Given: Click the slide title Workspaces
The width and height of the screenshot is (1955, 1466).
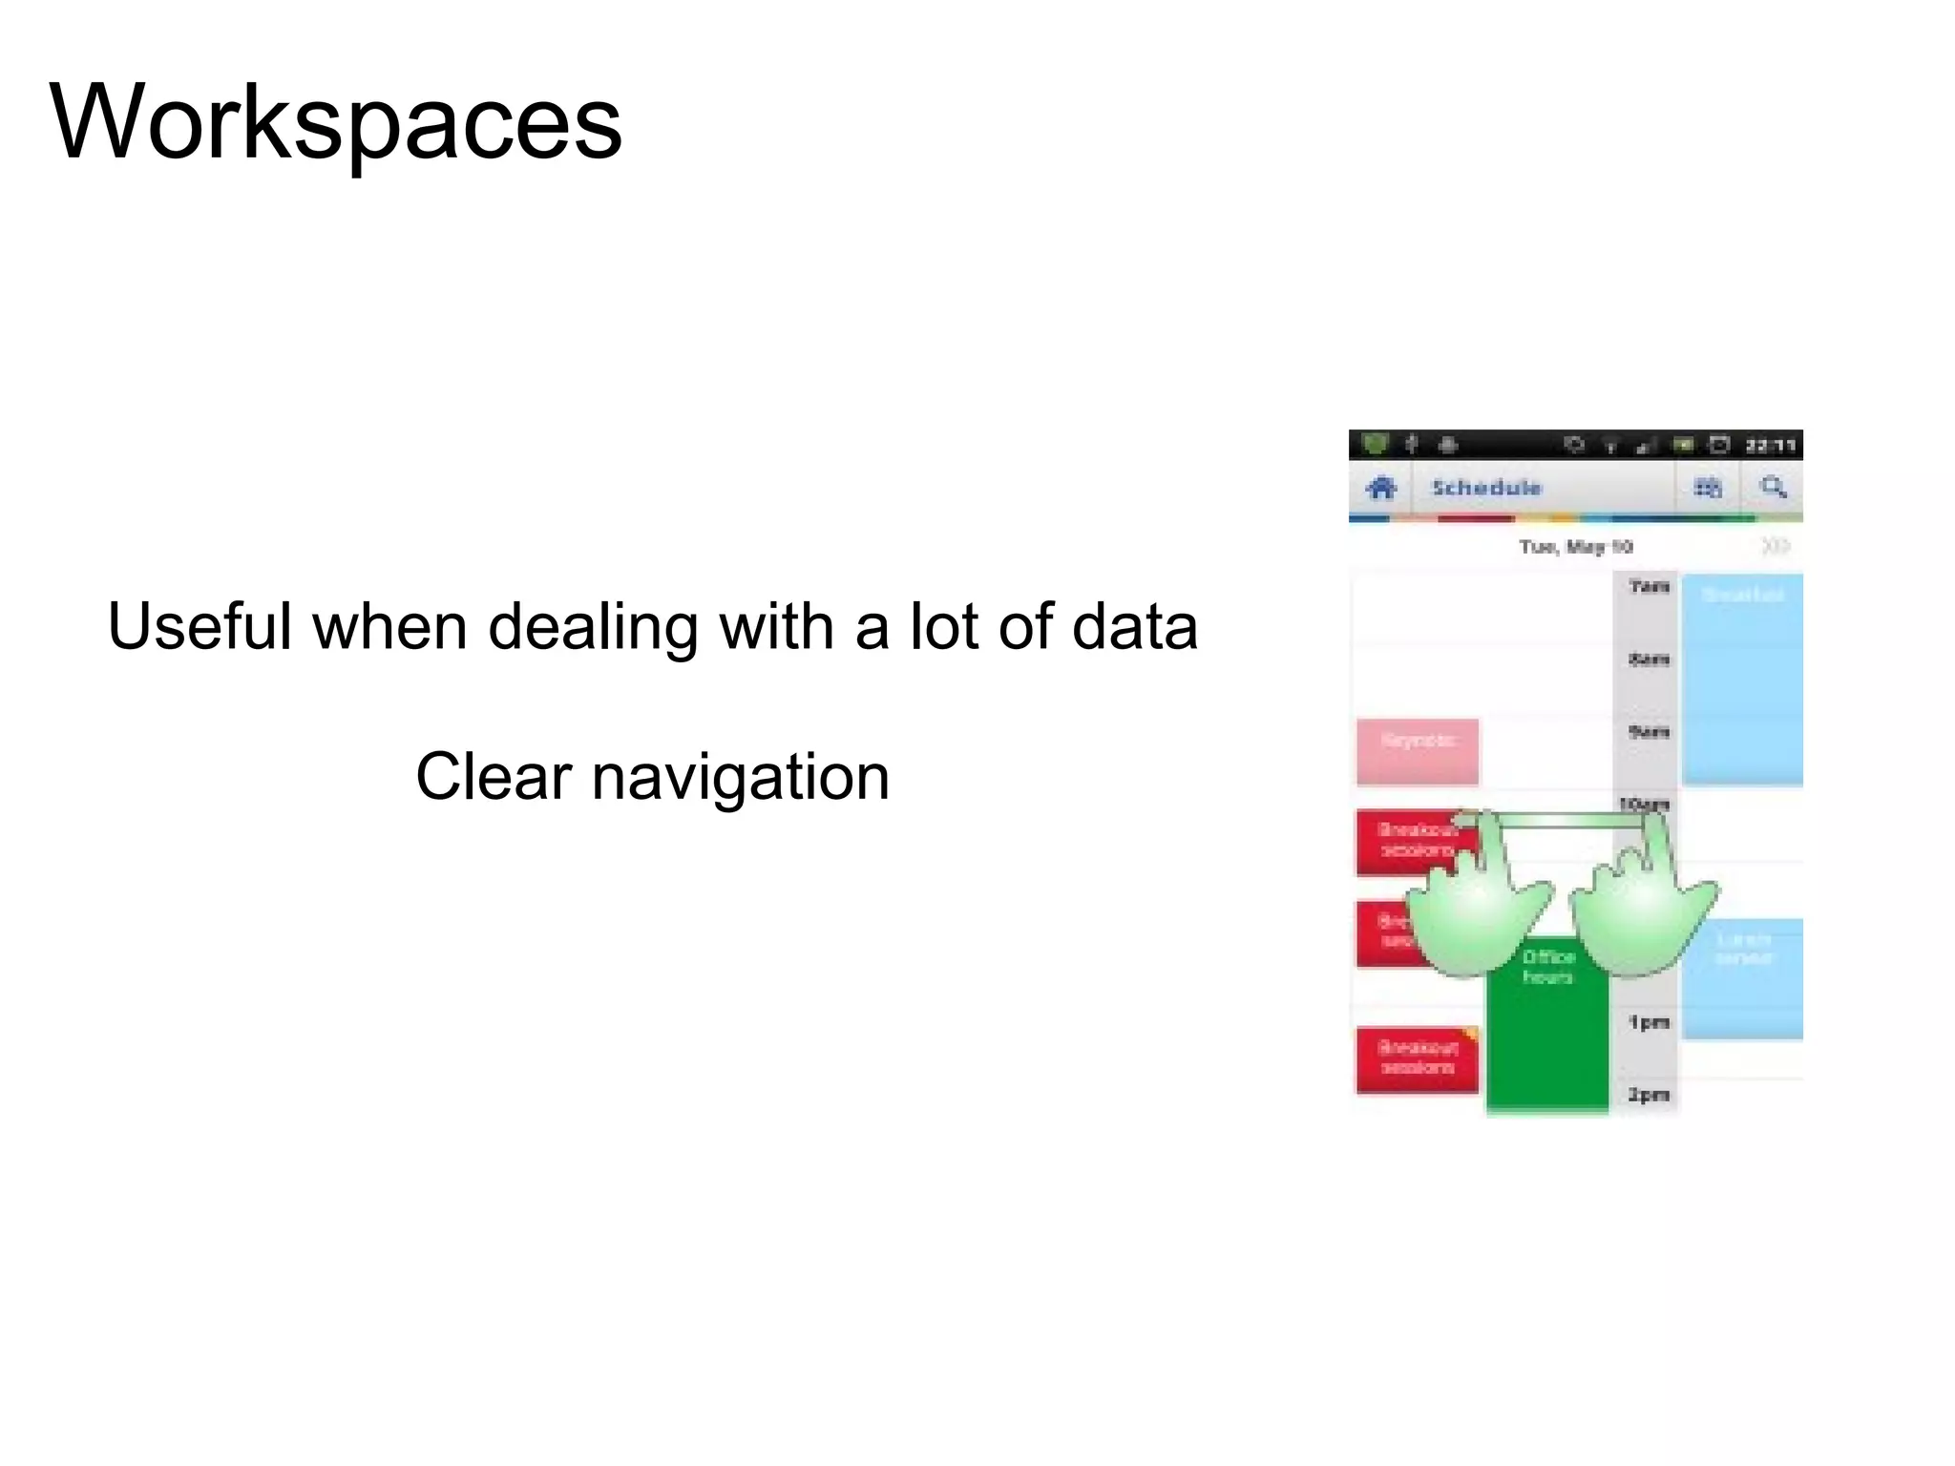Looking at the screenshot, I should click(335, 122).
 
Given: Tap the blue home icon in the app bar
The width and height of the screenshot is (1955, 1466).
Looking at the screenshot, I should click(1380, 489).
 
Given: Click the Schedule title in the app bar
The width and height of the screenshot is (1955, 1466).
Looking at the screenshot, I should click(1486, 488).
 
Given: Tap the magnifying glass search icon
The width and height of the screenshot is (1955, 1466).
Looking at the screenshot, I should click(1773, 488).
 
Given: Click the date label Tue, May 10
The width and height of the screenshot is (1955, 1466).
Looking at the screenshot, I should click(1575, 547).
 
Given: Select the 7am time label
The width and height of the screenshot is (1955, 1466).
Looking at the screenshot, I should click(1649, 586).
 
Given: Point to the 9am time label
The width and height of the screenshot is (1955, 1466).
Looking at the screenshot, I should click(1649, 732).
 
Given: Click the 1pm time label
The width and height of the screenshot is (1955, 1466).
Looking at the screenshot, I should click(1649, 1023).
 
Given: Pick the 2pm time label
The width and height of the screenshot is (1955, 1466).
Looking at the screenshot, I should click(1649, 1095).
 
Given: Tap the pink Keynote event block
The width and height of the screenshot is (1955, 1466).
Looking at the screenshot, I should click(1418, 752).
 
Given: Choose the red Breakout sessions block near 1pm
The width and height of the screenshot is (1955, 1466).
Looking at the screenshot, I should click(1418, 1059).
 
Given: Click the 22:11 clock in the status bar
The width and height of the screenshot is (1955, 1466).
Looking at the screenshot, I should click(1771, 446).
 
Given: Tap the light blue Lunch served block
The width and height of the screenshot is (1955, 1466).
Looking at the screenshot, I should click(1742, 978).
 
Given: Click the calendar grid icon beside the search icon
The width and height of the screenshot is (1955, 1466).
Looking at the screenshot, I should click(1707, 489).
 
